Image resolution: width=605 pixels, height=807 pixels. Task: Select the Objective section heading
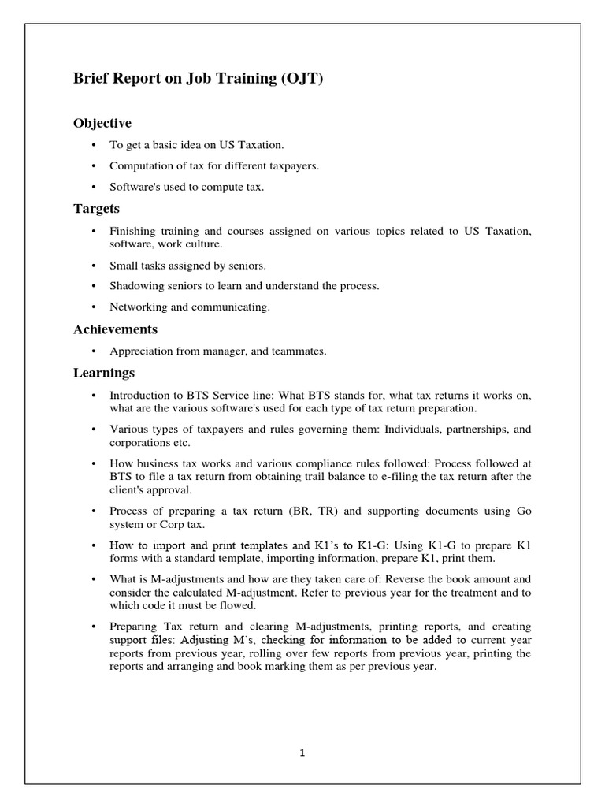tap(102, 124)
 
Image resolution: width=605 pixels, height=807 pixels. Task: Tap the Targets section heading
tap(97, 209)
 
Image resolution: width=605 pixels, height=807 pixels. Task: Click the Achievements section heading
tap(115, 329)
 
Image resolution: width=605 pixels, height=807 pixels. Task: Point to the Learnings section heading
tap(104, 373)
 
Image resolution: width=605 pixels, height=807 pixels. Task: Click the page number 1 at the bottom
tap(302, 753)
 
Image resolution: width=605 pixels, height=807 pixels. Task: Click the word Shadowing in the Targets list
tap(135, 286)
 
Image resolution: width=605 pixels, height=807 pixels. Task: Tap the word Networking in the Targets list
tap(137, 307)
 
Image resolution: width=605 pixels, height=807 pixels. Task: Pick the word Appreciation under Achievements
tap(140, 351)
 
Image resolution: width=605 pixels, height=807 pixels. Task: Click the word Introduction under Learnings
tap(139, 395)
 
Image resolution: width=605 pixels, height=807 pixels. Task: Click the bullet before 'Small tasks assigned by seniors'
tap(93, 266)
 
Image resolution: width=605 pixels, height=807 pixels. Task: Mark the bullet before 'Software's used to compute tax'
tap(93, 188)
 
